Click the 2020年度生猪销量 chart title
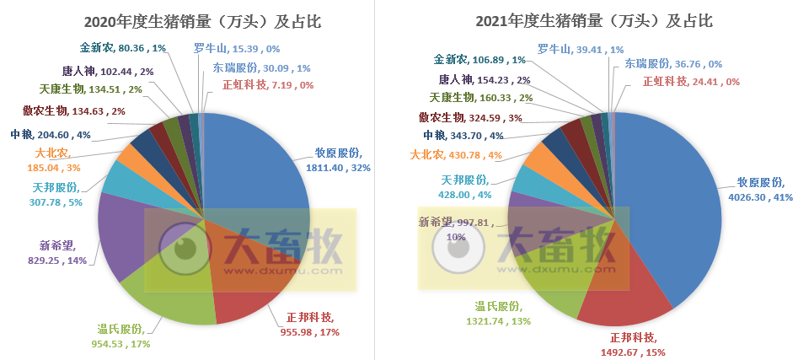click(202, 21)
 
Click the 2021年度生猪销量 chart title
click(594, 21)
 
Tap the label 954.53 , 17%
click(121, 343)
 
